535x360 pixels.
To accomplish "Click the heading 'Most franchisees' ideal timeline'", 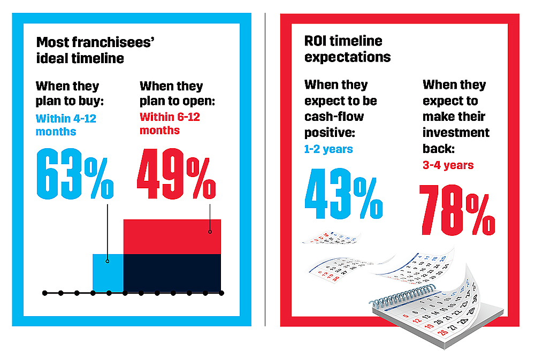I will pyautogui.click(x=80, y=50).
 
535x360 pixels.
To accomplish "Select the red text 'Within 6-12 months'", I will pyautogui.click(x=170, y=123).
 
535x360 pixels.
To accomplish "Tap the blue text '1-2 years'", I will pyautogui.click(x=328, y=149).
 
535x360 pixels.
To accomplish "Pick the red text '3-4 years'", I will pyautogui.click(x=448, y=165).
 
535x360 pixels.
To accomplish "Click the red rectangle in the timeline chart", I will pyautogui.click(x=172, y=236).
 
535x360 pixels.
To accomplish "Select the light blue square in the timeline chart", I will pyautogui.click(x=108, y=273).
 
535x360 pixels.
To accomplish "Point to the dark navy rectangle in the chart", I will pyautogui.click(x=172, y=273).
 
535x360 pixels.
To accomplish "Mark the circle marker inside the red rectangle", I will pyautogui.click(x=210, y=232).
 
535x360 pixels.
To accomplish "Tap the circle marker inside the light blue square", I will pyautogui.click(x=108, y=261).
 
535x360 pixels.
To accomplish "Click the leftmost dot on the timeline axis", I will pyautogui.click(x=45, y=293).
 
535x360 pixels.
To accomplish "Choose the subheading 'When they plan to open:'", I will pyautogui.click(x=172, y=94).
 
